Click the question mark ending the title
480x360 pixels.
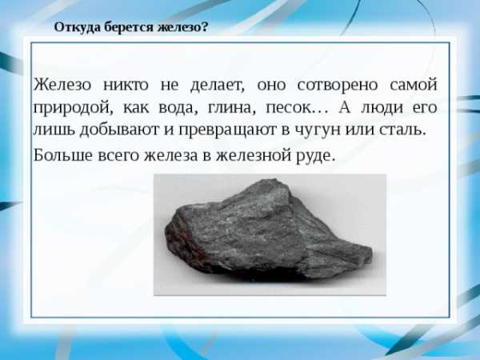(x=205, y=26)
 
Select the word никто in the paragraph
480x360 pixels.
(x=126, y=85)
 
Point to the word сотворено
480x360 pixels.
(x=338, y=86)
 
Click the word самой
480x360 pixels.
(x=414, y=85)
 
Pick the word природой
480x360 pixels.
(x=73, y=108)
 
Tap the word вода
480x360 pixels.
(x=176, y=108)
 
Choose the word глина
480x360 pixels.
(x=231, y=108)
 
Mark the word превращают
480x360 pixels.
(x=227, y=130)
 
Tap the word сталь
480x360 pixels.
(x=402, y=130)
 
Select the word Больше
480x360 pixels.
(x=63, y=155)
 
